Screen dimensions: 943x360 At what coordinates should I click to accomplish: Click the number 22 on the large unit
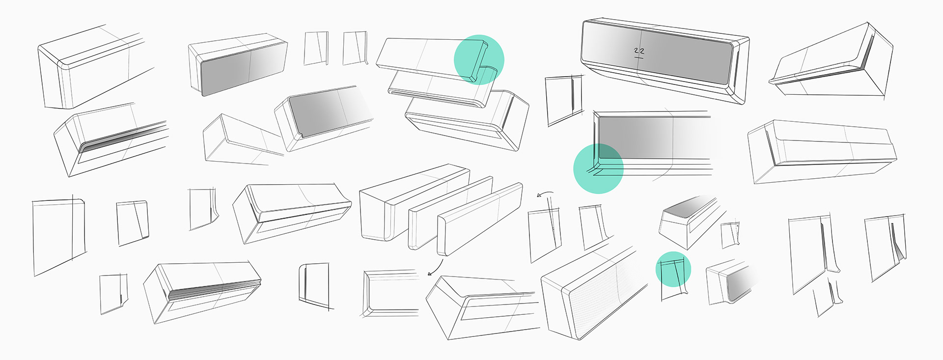coord(639,51)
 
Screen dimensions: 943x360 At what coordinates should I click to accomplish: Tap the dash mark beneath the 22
coord(639,58)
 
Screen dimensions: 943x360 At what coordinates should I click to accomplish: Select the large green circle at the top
coord(479,59)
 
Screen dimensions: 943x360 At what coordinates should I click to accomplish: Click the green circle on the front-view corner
coord(598,168)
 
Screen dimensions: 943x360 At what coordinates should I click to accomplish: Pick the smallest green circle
coord(673,269)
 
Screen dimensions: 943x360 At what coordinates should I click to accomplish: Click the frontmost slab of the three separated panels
coord(480,219)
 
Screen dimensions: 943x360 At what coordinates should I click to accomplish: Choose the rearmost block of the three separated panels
coord(415,202)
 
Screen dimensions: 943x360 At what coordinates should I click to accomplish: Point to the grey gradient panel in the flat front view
coord(653,138)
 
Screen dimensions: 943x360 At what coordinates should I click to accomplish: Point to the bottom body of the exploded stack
coord(467,120)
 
